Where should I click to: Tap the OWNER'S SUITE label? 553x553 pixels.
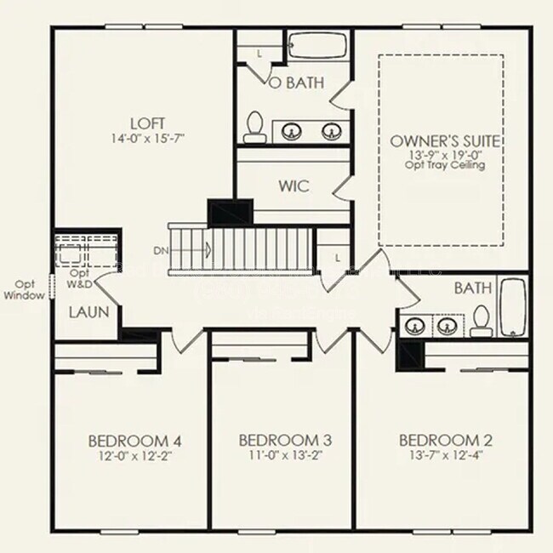(x=444, y=140)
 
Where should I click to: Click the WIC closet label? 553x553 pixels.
(x=293, y=185)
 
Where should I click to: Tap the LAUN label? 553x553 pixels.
(x=89, y=312)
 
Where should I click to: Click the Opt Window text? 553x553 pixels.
(x=26, y=290)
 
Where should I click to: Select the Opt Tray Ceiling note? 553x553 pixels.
(x=444, y=165)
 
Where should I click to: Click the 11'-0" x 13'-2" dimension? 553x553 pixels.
(x=285, y=455)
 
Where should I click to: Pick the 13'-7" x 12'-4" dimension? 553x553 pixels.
(x=446, y=455)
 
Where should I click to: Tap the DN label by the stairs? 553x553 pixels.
(x=161, y=250)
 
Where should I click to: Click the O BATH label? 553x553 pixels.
(x=297, y=83)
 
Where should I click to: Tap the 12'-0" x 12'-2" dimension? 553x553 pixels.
(x=134, y=455)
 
